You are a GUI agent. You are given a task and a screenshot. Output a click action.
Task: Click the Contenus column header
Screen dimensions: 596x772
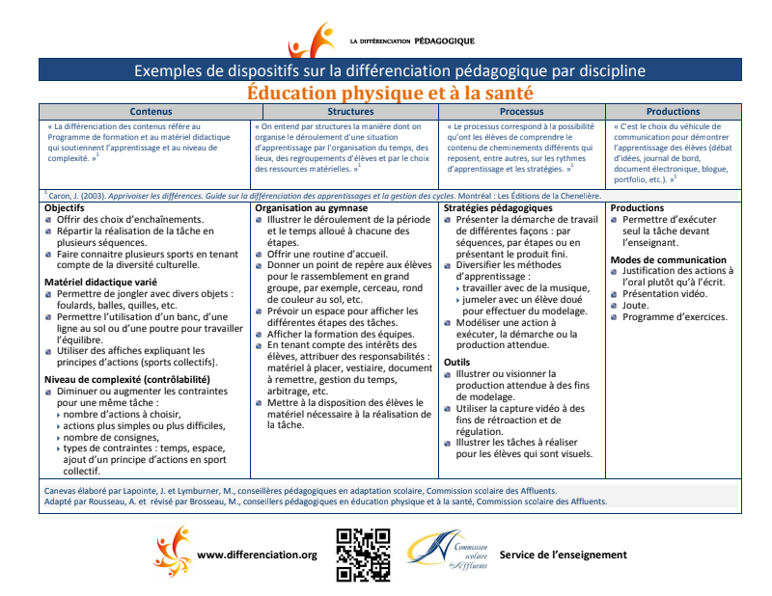click(x=145, y=112)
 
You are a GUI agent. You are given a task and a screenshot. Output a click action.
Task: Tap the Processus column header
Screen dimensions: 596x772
click(x=522, y=112)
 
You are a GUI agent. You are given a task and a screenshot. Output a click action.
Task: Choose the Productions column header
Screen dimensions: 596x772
click(x=673, y=112)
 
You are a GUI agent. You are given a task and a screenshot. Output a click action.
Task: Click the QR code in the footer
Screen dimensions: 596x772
click(x=363, y=555)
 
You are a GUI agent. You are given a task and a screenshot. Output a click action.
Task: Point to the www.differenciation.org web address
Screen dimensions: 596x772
click(x=257, y=555)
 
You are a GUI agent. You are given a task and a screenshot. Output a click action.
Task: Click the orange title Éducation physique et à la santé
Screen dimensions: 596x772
click(x=390, y=94)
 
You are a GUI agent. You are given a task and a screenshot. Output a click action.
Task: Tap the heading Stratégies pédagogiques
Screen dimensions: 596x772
click(x=498, y=208)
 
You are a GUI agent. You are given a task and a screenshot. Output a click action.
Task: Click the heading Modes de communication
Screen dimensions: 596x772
click(x=669, y=260)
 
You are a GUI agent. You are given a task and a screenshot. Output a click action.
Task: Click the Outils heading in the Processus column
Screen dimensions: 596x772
click(x=457, y=363)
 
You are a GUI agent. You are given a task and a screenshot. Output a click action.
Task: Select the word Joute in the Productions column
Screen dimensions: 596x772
click(x=636, y=306)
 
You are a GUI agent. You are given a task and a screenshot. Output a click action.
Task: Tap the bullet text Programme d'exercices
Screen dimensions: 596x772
click(x=672, y=318)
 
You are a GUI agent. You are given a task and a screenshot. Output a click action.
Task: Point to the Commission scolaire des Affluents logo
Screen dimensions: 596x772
click(x=446, y=555)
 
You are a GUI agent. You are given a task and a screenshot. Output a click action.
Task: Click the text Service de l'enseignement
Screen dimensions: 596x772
click(x=563, y=555)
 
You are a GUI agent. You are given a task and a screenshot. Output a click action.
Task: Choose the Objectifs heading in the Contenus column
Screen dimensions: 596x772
click(x=65, y=208)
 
